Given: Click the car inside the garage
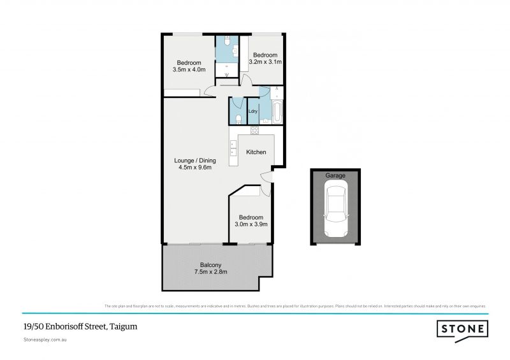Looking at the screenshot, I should [x=335, y=208].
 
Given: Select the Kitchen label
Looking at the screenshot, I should [x=256, y=152].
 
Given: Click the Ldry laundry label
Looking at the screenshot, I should [x=253, y=112].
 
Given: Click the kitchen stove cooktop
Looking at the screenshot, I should [x=254, y=131].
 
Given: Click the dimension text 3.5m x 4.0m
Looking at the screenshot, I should [x=189, y=69].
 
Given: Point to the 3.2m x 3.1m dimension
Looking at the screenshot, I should [x=265, y=62].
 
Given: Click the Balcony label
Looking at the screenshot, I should [x=210, y=264].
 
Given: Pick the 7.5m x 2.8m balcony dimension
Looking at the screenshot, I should [x=210, y=272].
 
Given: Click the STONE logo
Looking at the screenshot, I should [x=462, y=329].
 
